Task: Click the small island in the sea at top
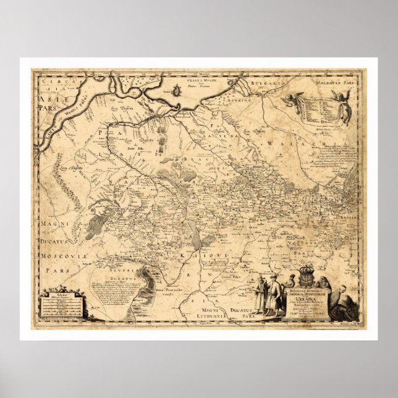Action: pyautogui.click(x=176, y=91)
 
